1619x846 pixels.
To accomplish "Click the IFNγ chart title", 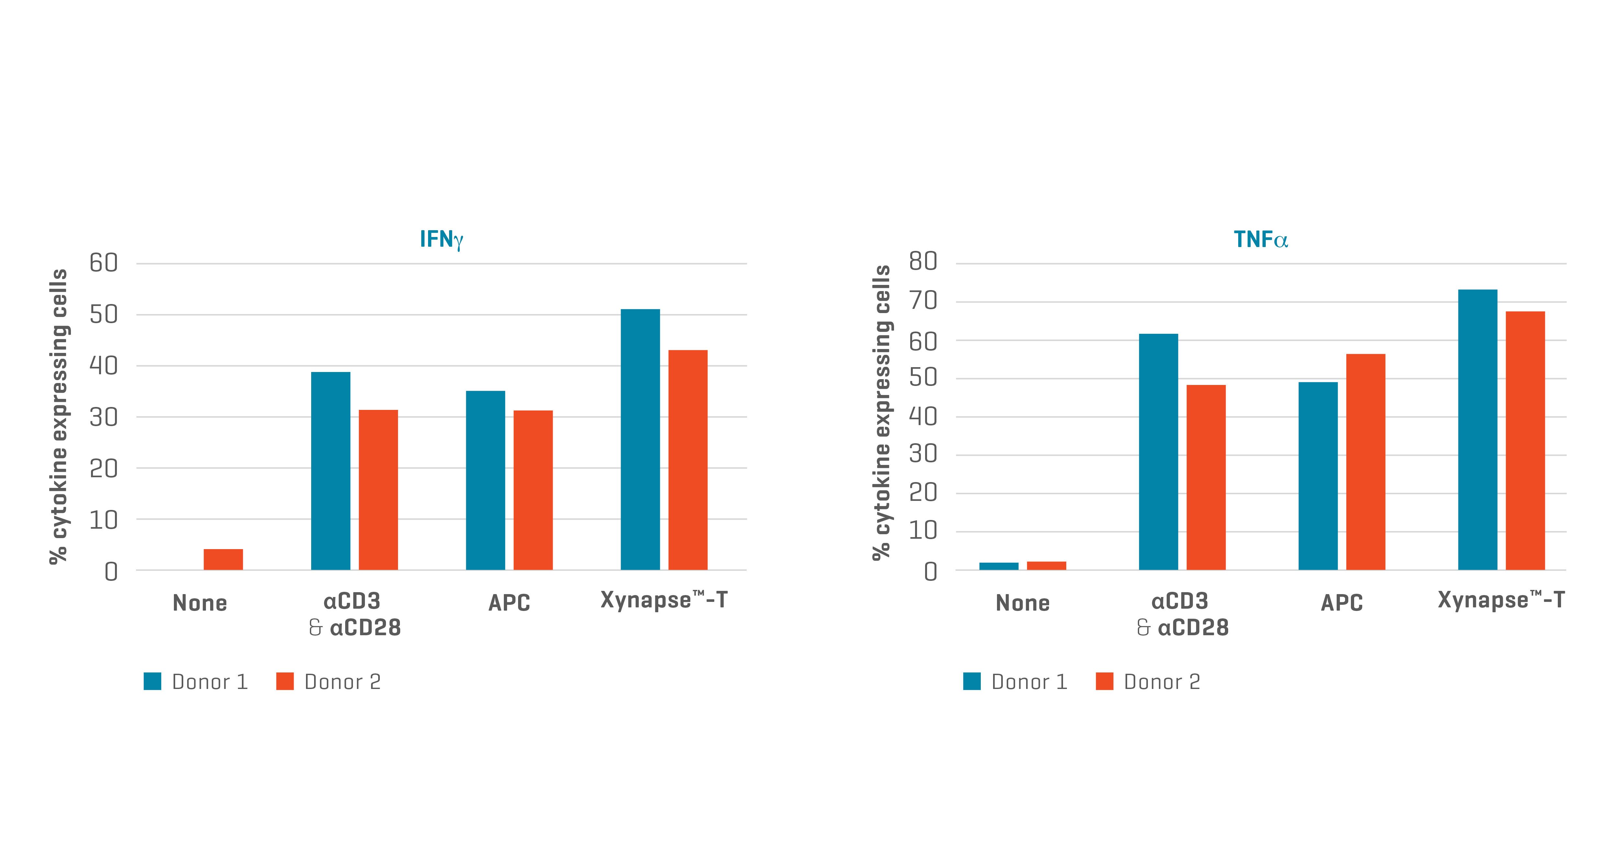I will pyautogui.click(x=441, y=240).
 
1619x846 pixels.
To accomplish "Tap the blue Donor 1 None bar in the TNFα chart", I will pyautogui.click(x=999, y=566).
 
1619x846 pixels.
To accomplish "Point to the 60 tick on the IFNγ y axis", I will pyautogui.click(x=104, y=263).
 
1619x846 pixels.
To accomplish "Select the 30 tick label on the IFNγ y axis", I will pyautogui.click(x=104, y=417).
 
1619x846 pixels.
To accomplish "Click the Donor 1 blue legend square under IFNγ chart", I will pyautogui.click(x=152, y=681).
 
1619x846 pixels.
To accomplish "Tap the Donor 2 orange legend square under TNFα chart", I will pyautogui.click(x=1104, y=681).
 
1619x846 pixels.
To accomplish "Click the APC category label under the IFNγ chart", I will pyautogui.click(x=509, y=603).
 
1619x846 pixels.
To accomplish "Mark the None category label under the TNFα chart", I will pyautogui.click(x=1023, y=603).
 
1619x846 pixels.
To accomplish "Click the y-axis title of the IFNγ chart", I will pyautogui.click(x=59, y=416).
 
